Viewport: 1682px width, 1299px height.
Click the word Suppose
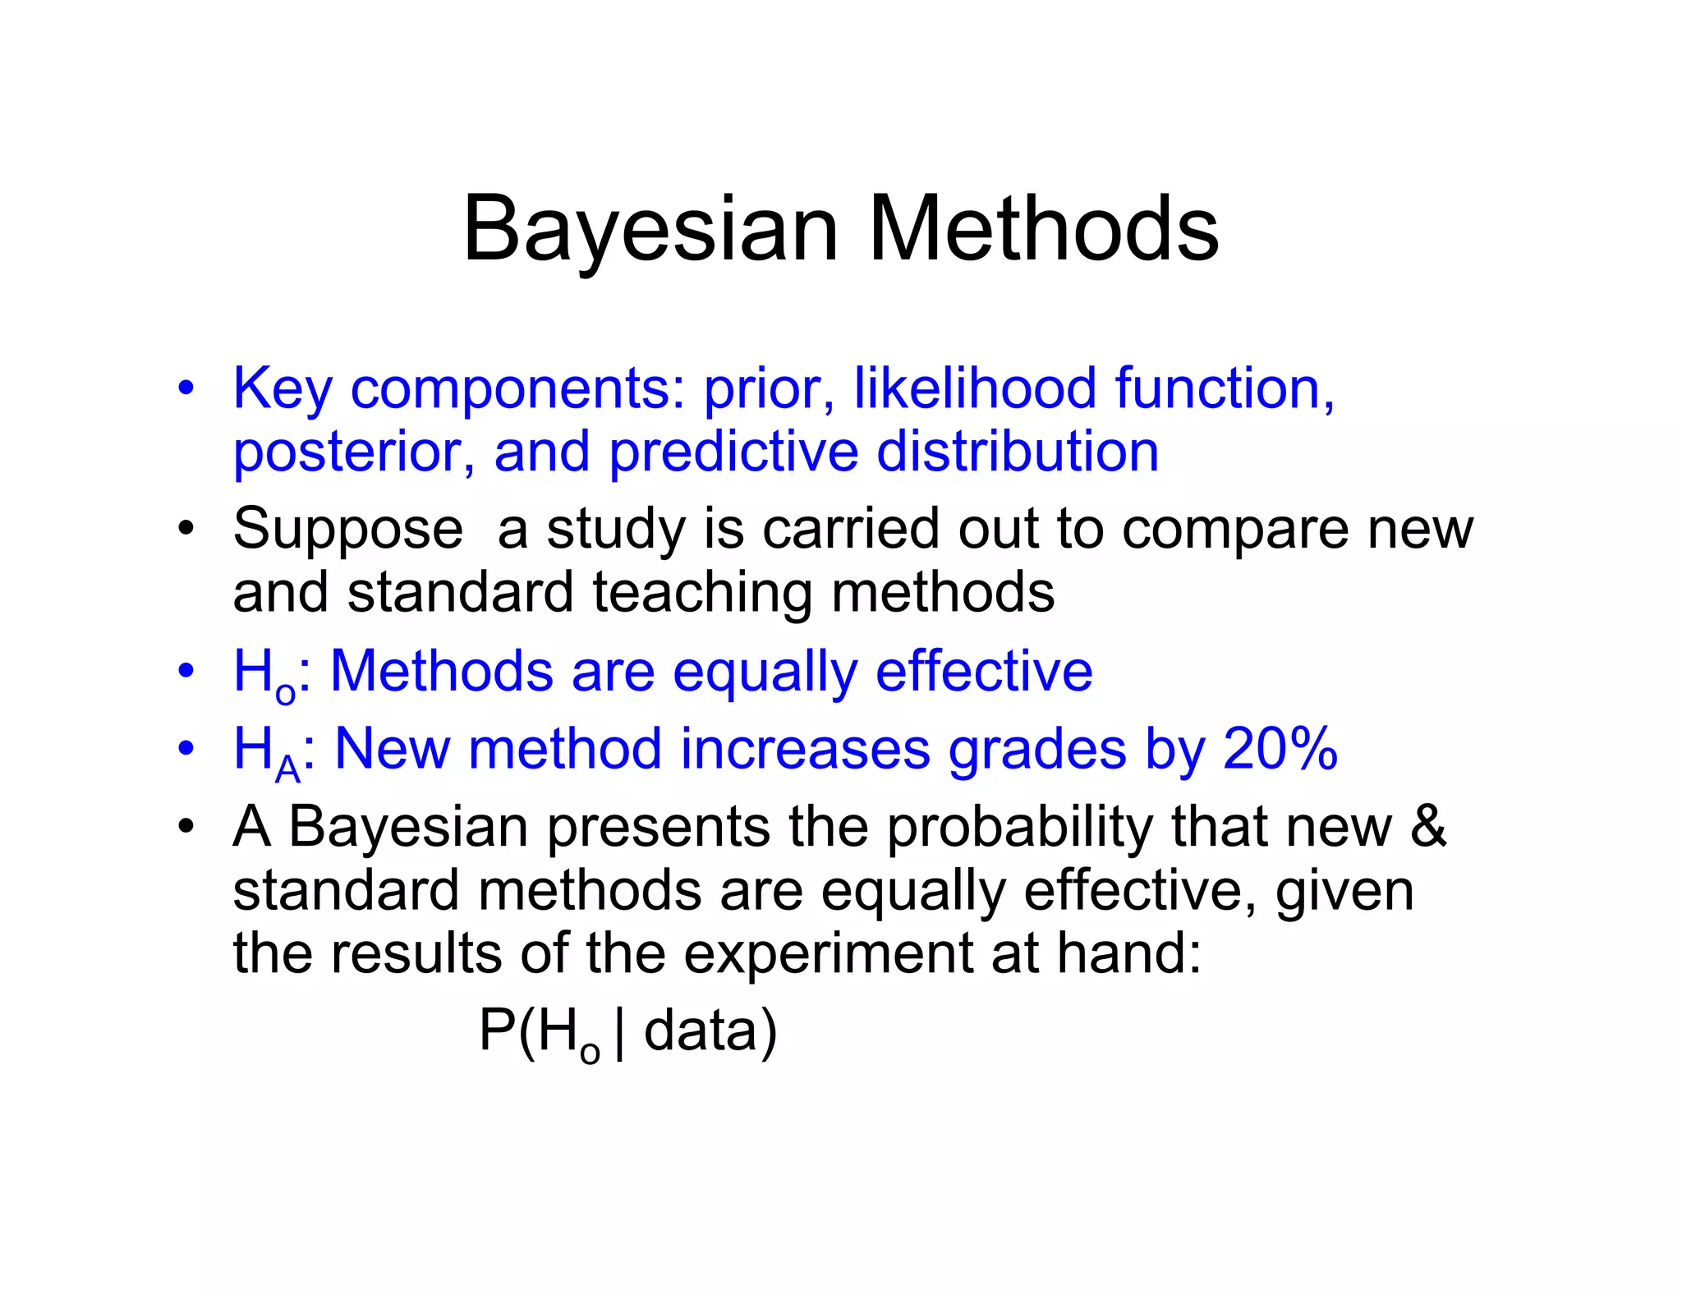[x=348, y=530]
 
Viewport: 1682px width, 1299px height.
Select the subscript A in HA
[x=288, y=769]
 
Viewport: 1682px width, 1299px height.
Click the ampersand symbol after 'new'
[x=1428, y=826]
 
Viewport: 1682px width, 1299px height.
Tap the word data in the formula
[x=700, y=1031]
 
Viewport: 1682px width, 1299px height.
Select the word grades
[x=1036, y=750]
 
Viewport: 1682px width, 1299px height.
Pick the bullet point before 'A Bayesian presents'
[x=186, y=825]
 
